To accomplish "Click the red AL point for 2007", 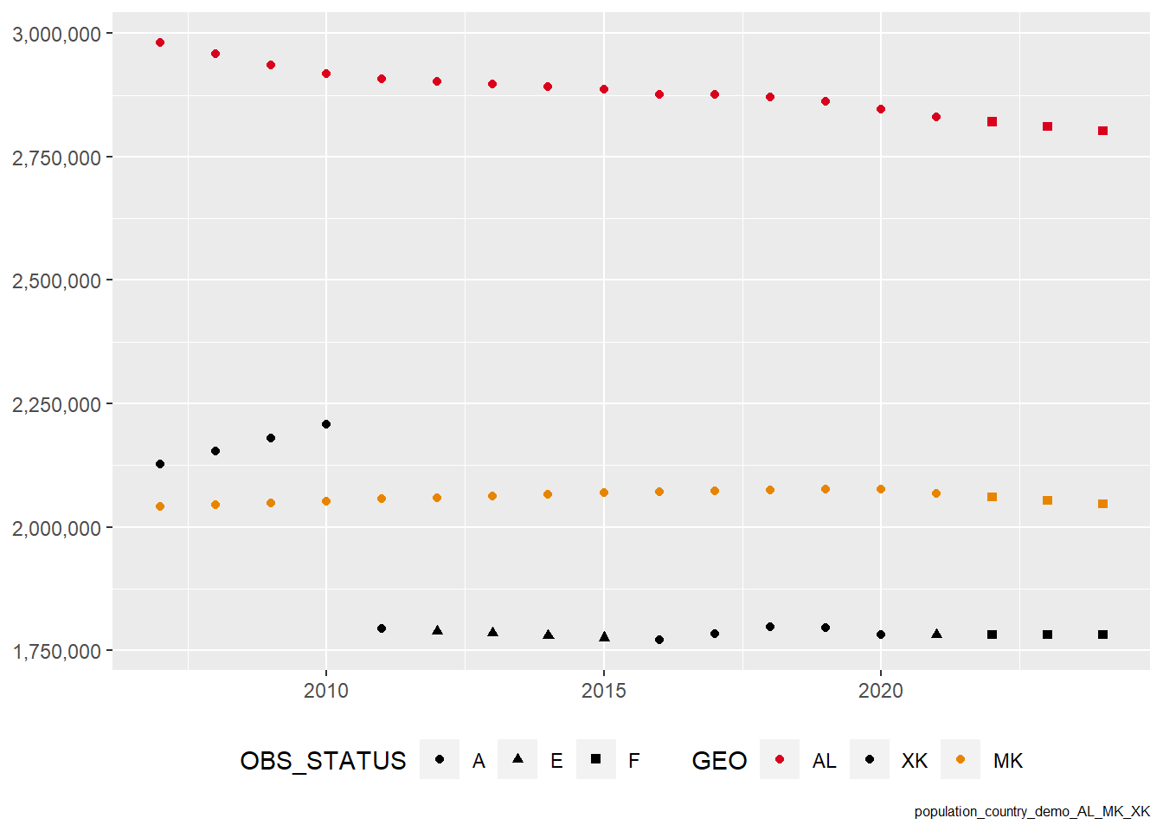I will [x=160, y=42].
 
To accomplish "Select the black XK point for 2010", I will [x=326, y=424].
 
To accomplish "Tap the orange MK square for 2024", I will [x=1102, y=504].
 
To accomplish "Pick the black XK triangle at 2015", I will [x=604, y=637].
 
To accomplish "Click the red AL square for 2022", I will [x=992, y=122].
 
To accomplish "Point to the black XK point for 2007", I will [x=160, y=464].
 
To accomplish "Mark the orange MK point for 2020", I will [x=881, y=489].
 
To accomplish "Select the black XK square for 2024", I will [x=1102, y=635].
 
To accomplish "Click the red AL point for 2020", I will [x=881, y=109].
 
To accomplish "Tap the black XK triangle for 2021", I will [x=936, y=635].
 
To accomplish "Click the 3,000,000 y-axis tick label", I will [x=56, y=35].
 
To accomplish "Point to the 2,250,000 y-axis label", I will [x=56, y=404].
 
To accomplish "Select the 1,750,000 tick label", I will [x=56, y=652].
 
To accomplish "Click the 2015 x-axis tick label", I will [x=604, y=691].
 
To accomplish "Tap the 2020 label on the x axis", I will [x=881, y=691].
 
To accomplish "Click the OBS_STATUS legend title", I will [x=323, y=761].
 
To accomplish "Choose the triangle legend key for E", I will [x=517, y=759].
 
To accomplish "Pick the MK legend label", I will [x=1008, y=761].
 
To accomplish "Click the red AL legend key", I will [x=780, y=759].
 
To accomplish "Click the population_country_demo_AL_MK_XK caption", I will [x=1031, y=812].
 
